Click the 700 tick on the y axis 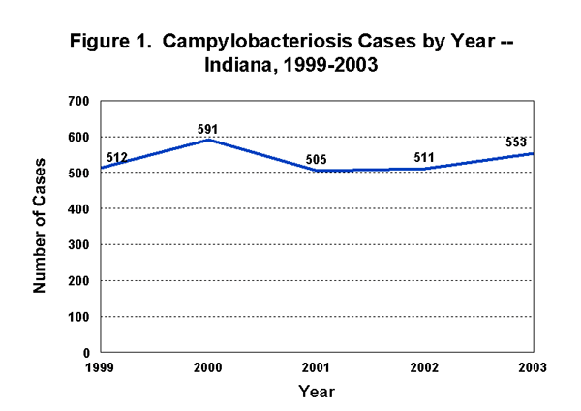click(x=79, y=101)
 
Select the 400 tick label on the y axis click(x=79, y=208)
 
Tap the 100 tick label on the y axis click(x=79, y=317)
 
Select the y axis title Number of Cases click(x=42, y=227)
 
